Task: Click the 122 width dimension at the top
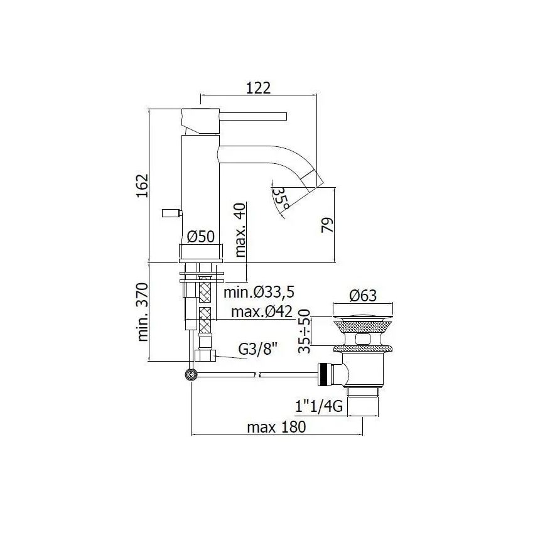[258, 89]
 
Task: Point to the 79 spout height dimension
[326, 223]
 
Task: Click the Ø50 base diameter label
[202, 237]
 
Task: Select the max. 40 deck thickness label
[239, 230]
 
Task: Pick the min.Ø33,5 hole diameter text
[259, 292]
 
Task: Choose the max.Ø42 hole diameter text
[262, 312]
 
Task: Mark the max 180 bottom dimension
[276, 428]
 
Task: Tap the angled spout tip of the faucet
[313, 179]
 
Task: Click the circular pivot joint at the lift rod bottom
[190, 375]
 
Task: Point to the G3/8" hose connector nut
[205, 355]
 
